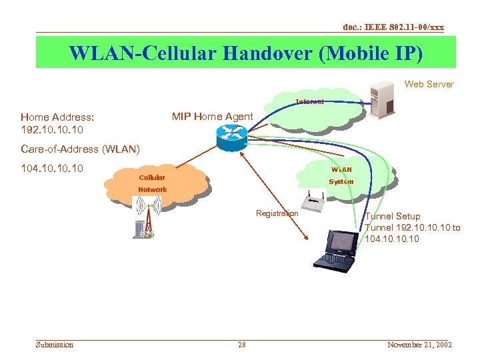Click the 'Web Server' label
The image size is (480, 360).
coord(429,84)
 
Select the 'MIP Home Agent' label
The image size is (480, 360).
coord(212,117)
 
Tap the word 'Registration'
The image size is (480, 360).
coord(277,213)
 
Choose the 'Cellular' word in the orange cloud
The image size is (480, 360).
coord(151,178)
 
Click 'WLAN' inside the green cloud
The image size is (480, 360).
coord(341,169)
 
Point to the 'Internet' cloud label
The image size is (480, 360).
coord(310,102)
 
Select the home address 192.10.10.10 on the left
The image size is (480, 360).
coord(52,129)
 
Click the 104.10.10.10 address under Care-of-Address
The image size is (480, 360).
coord(52,168)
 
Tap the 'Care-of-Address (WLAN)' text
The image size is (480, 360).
coord(80,149)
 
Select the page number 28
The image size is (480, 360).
coord(241,345)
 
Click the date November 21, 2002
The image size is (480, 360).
coord(419,345)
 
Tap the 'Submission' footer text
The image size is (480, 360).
coord(55,345)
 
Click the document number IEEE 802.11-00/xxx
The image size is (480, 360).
coord(393,27)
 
